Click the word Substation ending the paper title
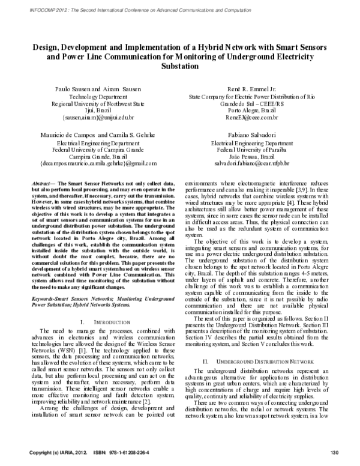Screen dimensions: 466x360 [181, 67]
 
